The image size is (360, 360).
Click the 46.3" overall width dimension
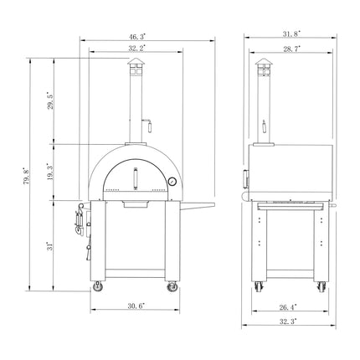click(137, 37)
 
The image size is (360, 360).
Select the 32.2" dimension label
click(136, 49)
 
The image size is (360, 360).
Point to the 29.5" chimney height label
click(49, 102)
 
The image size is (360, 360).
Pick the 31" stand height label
click(49, 246)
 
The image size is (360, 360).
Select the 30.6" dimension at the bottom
click(134, 305)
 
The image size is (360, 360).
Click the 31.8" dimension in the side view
click(291, 34)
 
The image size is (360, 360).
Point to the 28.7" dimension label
click(291, 50)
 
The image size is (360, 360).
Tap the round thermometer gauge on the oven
click(172, 182)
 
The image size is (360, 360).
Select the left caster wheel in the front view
click(94, 288)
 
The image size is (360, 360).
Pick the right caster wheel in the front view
click(174, 288)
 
